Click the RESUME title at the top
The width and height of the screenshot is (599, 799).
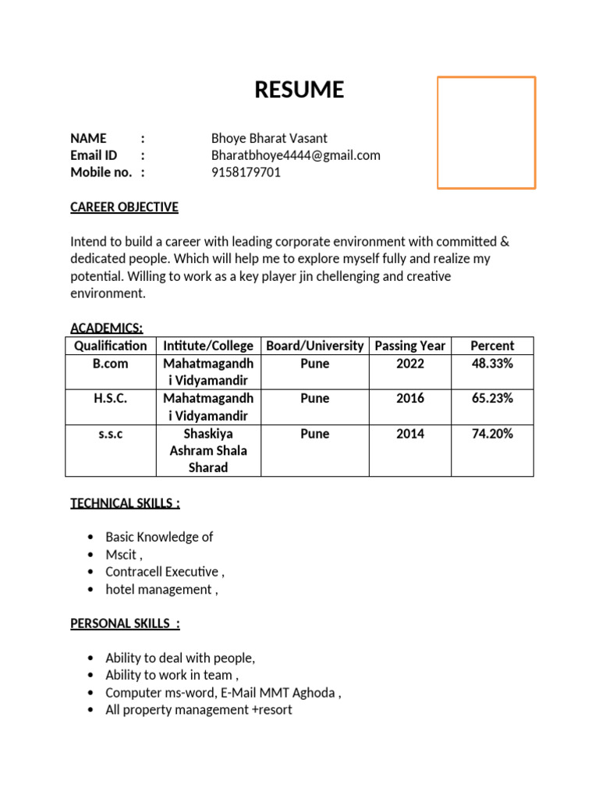tap(299, 91)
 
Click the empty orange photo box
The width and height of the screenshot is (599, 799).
tap(486, 133)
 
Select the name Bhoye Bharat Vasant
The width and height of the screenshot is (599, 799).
tap(269, 138)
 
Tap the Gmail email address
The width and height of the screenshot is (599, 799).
tap(296, 155)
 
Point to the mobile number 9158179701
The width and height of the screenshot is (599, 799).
tap(246, 172)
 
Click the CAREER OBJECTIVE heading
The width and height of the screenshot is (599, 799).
tap(124, 208)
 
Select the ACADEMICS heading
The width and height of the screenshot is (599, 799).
tap(106, 328)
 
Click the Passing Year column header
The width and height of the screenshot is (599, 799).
tap(409, 346)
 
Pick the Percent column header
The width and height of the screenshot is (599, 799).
tap(492, 346)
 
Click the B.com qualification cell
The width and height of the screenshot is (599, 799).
tap(110, 364)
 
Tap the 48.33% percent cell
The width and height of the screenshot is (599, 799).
tap(492, 364)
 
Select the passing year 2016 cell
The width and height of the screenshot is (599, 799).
tap(409, 399)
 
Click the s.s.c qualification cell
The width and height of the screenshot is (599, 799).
tap(110, 434)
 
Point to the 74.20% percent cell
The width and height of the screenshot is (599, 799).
tap(492, 434)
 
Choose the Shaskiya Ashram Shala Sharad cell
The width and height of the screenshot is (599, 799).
tap(208, 450)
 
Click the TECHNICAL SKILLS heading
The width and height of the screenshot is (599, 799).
tap(125, 503)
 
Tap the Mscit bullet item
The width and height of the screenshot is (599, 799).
tap(123, 555)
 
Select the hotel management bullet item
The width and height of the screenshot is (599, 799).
tap(161, 589)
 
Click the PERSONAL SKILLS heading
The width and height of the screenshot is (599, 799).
tap(125, 623)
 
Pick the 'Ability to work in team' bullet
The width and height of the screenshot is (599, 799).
tap(172, 675)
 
